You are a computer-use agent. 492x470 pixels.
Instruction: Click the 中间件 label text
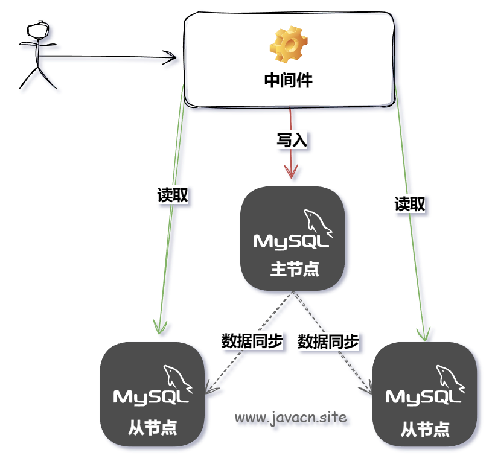(x=289, y=81)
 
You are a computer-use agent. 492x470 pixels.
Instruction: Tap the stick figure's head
(x=38, y=29)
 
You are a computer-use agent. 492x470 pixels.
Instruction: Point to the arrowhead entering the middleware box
(x=171, y=59)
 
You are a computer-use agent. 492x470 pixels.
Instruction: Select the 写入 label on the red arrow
(x=292, y=141)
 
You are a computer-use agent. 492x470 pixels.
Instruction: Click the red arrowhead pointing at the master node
(x=292, y=173)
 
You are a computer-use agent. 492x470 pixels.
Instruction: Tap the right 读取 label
(x=410, y=205)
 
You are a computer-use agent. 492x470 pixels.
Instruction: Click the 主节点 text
(x=294, y=269)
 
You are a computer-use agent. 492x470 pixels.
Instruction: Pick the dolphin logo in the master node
(x=317, y=222)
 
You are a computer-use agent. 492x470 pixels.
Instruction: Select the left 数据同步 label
(x=252, y=341)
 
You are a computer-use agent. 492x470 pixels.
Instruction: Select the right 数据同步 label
(x=328, y=342)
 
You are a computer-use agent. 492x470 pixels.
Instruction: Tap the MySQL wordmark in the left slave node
(x=152, y=397)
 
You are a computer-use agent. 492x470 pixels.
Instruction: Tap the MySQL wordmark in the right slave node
(x=424, y=397)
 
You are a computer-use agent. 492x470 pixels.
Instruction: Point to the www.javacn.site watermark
(x=291, y=417)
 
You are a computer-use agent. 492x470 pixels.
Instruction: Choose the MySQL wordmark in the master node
(x=292, y=241)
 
